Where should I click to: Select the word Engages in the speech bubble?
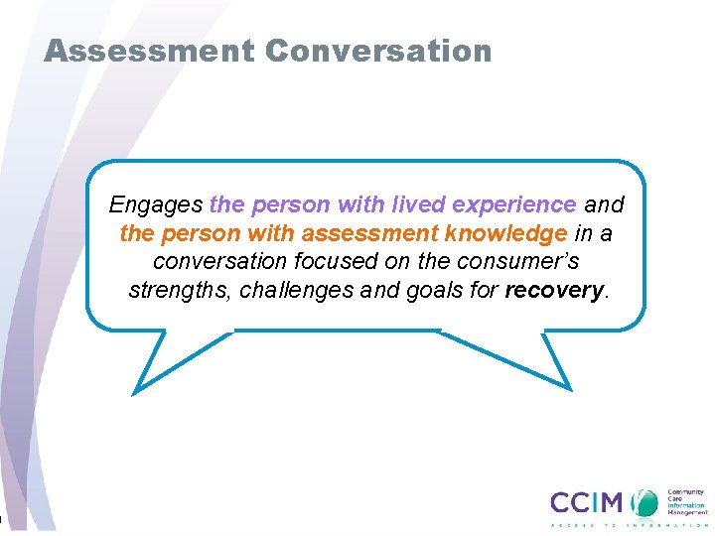[156, 205]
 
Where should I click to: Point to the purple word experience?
[513, 205]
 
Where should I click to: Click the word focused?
[324, 262]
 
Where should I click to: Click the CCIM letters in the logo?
[589, 501]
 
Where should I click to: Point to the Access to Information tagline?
[628, 524]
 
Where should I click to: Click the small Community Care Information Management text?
[685, 500]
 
